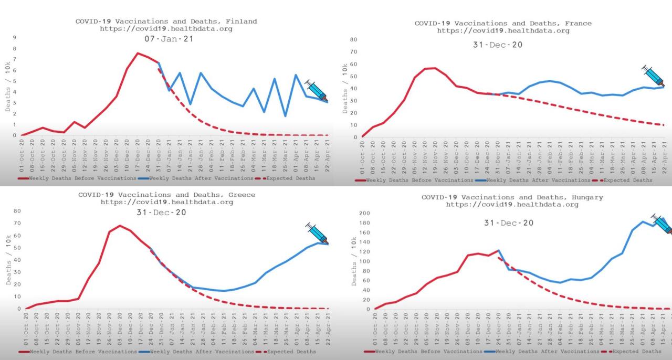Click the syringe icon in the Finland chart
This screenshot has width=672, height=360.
coord(317,90)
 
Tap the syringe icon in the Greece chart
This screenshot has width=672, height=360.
coord(317,232)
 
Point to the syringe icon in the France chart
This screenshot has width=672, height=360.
coord(653,76)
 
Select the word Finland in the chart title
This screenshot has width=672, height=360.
coord(239,22)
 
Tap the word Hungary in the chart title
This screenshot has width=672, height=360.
coord(585,197)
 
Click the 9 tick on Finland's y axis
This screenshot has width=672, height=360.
coord(15,38)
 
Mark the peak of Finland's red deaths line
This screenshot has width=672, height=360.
coord(138,53)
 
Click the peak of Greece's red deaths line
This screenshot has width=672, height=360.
coord(120,226)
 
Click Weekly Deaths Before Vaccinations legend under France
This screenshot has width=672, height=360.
coord(414,180)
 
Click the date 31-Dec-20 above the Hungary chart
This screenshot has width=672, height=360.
coord(508,223)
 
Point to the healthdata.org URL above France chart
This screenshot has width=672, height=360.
coord(503,30)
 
